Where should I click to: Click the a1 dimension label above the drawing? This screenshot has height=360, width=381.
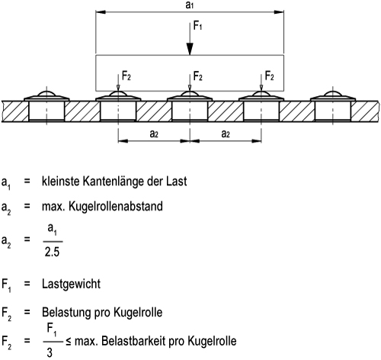click(190, 5)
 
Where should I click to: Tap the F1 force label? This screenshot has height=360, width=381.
click(197, 26)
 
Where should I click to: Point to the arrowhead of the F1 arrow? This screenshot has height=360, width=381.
click(190, 49)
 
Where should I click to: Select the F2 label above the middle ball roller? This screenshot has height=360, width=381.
click(197, 76)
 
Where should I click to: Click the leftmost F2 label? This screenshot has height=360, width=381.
click(126, 76)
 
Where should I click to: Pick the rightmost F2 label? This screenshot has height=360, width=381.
click(269, 76)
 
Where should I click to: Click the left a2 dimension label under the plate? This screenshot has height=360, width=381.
click(154, 133)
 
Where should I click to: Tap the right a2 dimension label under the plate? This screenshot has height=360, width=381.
click(226, 133)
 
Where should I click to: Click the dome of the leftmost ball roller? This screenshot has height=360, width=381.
click(46, 93)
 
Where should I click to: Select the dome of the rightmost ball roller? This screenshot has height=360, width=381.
click(333, 93)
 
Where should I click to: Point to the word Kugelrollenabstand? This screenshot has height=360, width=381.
click(116, 207)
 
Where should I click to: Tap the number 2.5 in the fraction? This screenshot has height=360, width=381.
click(52, 252)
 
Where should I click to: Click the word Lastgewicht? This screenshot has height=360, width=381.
click(71, 284)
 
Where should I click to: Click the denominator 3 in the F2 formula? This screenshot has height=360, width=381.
click(50, 352)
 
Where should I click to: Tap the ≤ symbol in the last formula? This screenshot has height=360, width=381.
click(69, 341)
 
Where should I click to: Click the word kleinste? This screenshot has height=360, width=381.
click(61, 182)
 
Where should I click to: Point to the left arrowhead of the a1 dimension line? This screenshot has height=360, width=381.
click(101, 12)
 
